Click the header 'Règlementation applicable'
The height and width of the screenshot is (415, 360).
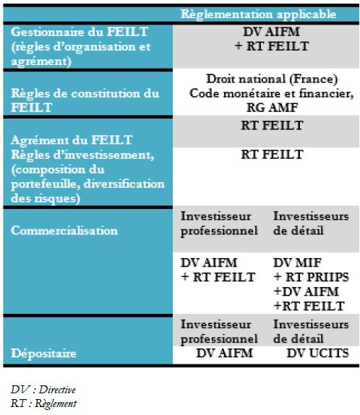pyautogui.click(x=258, y=14)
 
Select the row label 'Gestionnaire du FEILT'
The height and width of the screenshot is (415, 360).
pyautogui.click(x=79, y=32)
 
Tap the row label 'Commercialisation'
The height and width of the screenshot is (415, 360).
pyautogui.click(x=64, y=231)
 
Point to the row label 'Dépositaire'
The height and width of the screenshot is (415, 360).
pyautogui.click(x=43, y=354)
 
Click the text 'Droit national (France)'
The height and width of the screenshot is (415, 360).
pyautogui.click(x=272, y=79)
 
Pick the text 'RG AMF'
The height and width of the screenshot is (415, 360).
pyautogui.click(x=272, y=108)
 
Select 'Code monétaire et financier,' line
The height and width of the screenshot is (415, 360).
pyautogui.click(x=272, y=93)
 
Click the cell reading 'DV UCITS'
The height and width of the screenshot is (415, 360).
pyautogui.click(x=317, y=354)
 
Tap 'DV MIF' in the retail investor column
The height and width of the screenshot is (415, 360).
pyautogui.click(x=297, y=263)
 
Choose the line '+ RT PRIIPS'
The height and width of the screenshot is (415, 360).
pyautogui.click(x=312, y=277)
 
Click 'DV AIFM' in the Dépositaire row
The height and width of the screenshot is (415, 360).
pyautogui.click(x=225, y=354)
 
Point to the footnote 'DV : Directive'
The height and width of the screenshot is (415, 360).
pyautogui.click(x=43, y=390)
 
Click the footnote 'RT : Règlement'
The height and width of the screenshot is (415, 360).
pyautogui.click(x=43, y=403)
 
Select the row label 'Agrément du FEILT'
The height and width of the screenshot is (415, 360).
pyautogui.click(x=72, y=140)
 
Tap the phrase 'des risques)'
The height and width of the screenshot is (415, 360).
pyautogui.click(x=46, y=199)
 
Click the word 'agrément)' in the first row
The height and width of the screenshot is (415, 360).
pyautogui.click(x=41, y=61)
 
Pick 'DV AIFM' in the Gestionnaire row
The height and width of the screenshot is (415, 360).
pyautogui.click(x=271, y=32)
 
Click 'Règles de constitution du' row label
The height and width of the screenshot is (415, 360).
pyautogui.click(x=85, y=93)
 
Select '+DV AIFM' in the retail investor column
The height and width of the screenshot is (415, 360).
pyautogui.click(x=307, y=291)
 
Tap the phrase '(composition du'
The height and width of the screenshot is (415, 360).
pyautogui.click(x=58, y=170)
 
